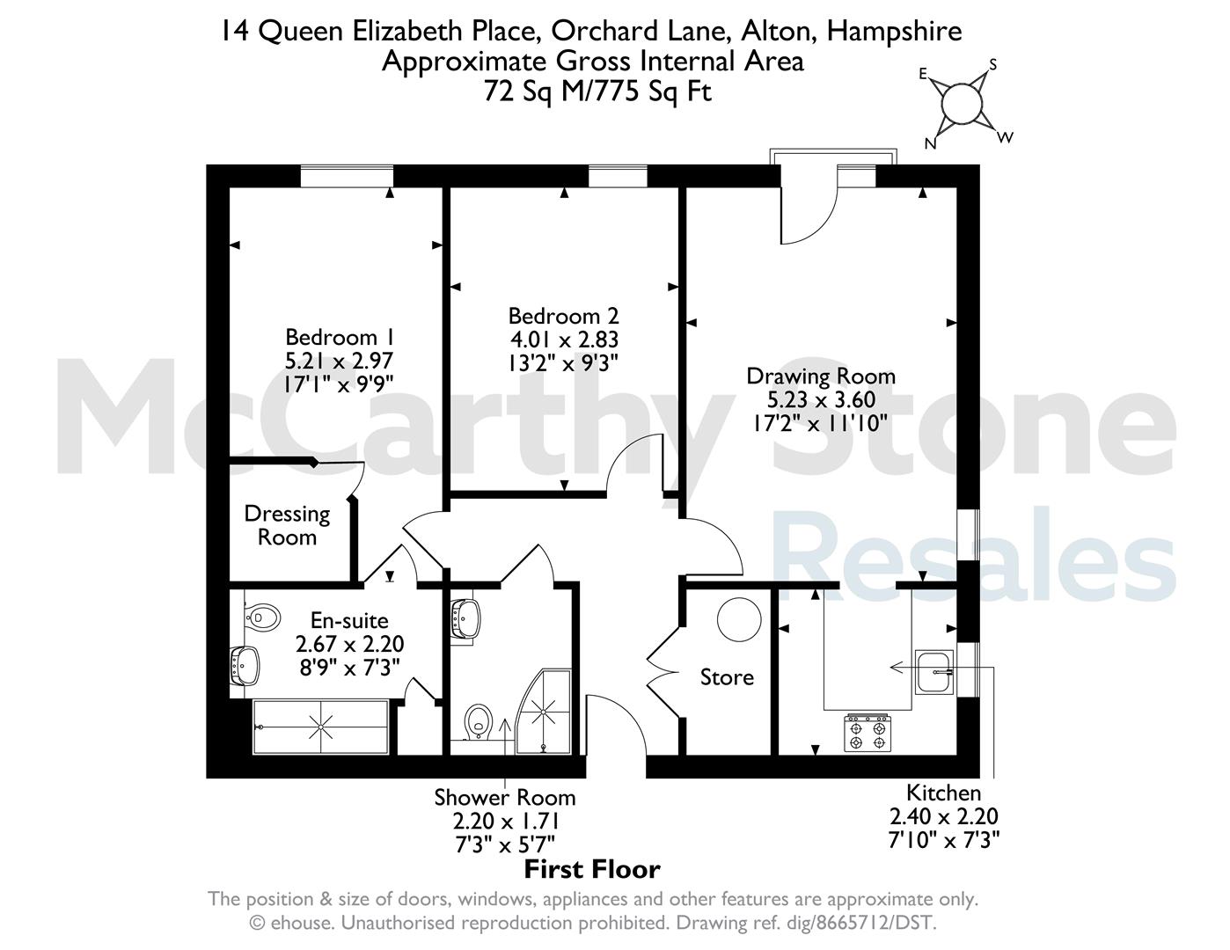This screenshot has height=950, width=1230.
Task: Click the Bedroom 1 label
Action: [339, 337]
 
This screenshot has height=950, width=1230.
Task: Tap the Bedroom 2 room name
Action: [563, 316]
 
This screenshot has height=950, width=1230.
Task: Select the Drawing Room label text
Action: [821, 376]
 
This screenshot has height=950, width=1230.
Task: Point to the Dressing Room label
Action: [287, 526]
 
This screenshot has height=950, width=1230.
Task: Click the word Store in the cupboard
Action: [727, 677]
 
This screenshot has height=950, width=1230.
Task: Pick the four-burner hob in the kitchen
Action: [868, 734]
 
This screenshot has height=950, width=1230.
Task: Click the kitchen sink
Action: [934, 672]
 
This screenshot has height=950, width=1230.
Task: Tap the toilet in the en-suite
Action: [262, 617]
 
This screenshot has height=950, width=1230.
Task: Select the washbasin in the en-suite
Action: [245, 666]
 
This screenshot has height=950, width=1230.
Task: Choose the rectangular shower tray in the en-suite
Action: [320, 727]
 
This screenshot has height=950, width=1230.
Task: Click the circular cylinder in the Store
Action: [739, 619]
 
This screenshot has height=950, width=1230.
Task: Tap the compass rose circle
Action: [962, 104]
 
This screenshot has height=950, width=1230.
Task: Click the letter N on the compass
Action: [930, 143]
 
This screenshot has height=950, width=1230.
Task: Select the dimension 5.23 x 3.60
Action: [821, 400]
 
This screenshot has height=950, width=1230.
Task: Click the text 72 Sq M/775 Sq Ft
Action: [597, 91]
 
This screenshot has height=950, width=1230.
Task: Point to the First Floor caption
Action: [592, 869]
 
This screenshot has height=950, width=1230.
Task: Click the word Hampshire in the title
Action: [894, 32]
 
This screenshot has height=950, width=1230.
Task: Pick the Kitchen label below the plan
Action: [943, 793]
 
